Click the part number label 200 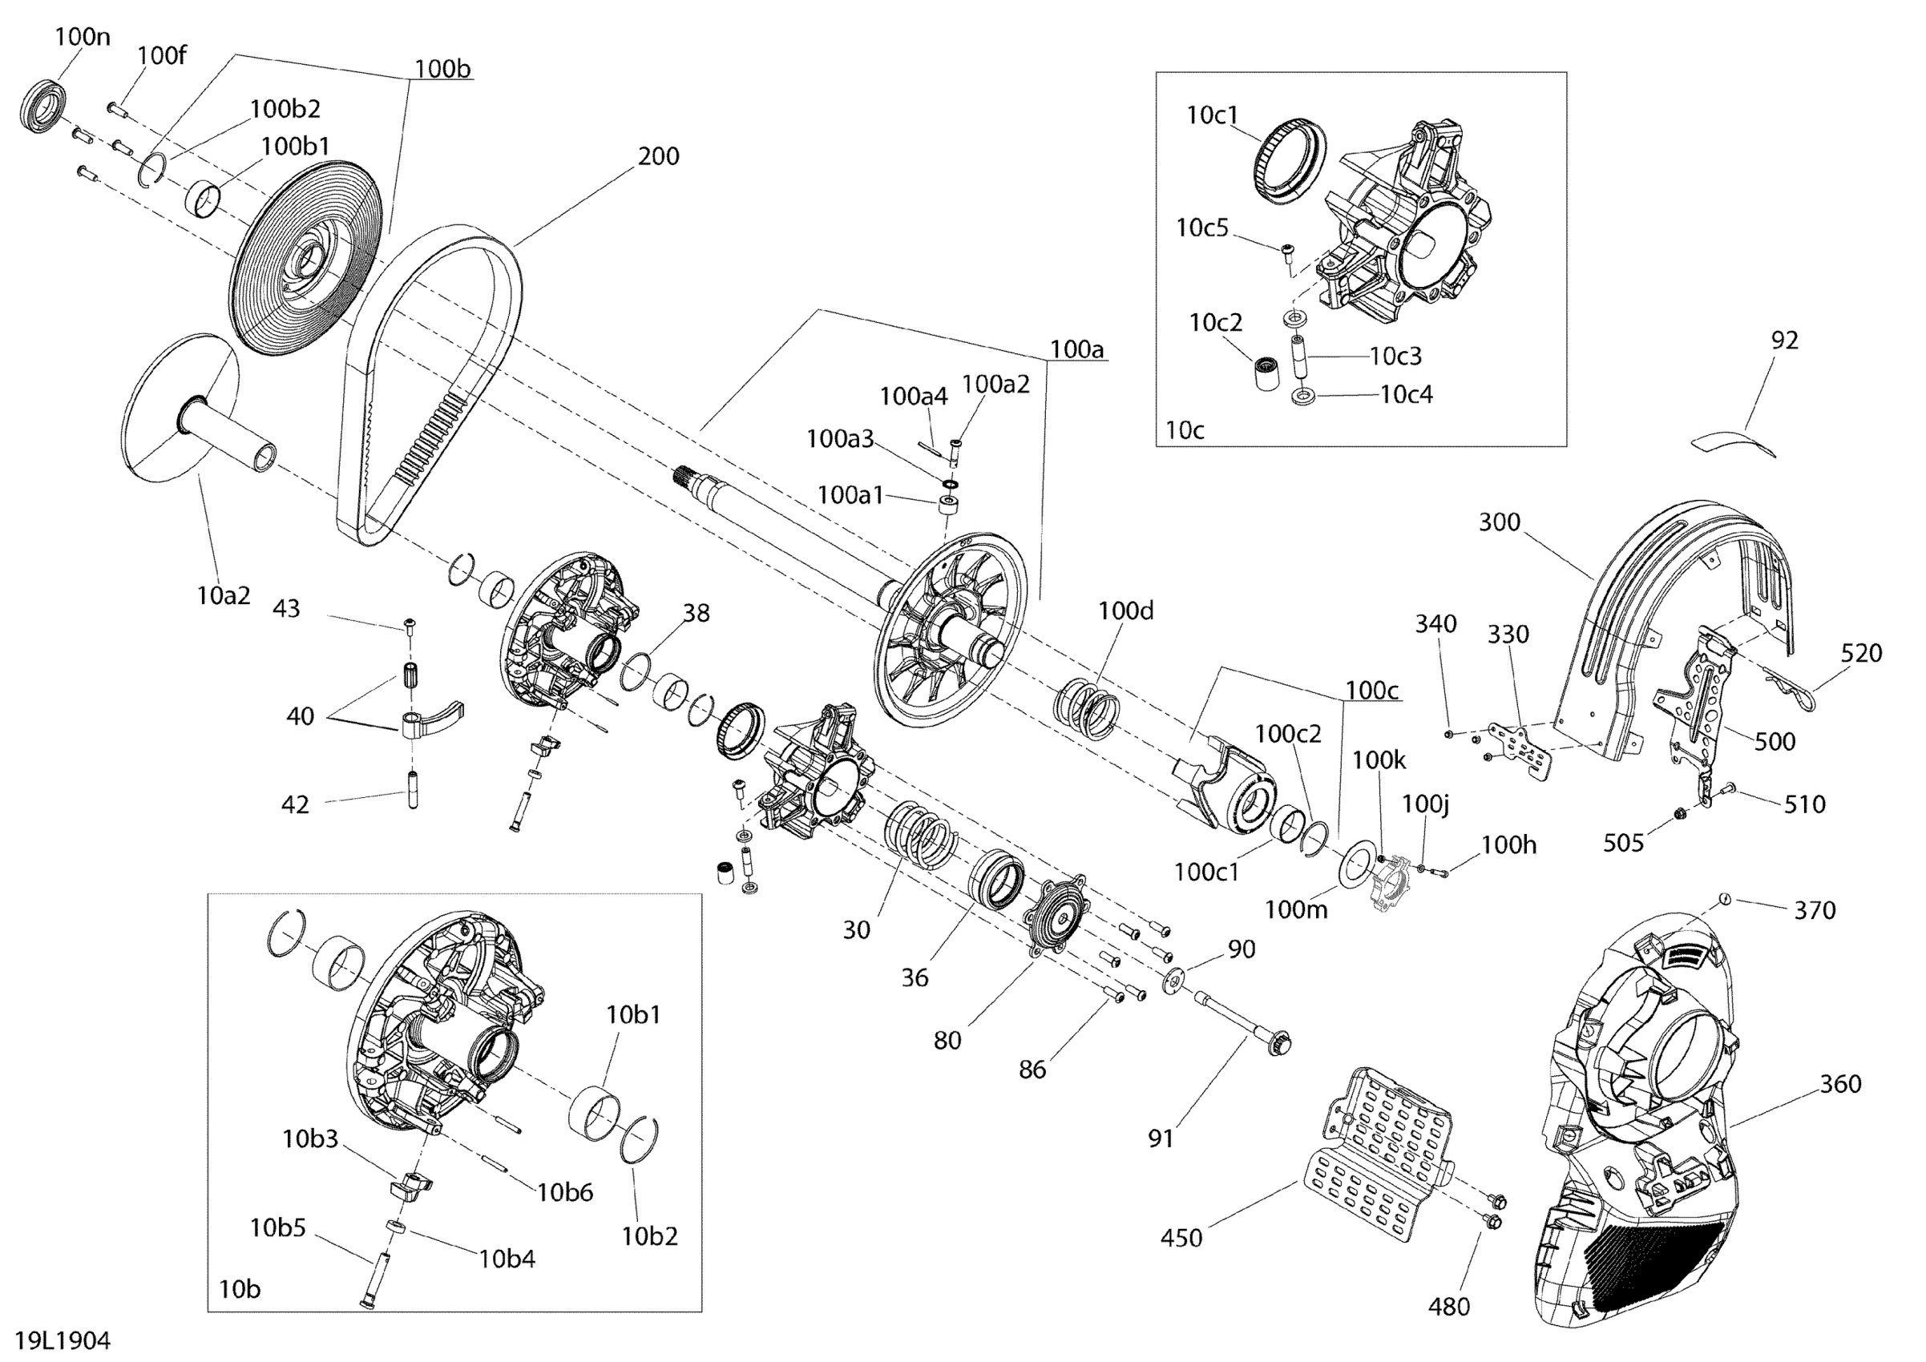click(x=659, y=157)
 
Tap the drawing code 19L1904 click(x=62, y=1340)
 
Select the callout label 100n click(x=83, y=38)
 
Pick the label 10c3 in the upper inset click(x=1395, y=357)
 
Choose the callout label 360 click(x=1840, y=1083)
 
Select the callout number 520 click(x=1861, y=653)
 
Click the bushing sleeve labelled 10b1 click(x=595, y=1114)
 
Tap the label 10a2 click(x=223, y=595)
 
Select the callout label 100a click(x=1077, y=350)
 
